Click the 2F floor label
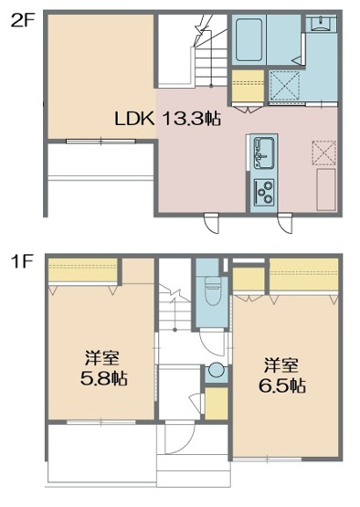[22, 19]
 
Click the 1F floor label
[22, 262]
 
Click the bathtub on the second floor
[249, 39]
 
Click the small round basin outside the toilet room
[217, 370]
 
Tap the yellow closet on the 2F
[247, 90]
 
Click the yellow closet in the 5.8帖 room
[82, 271]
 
